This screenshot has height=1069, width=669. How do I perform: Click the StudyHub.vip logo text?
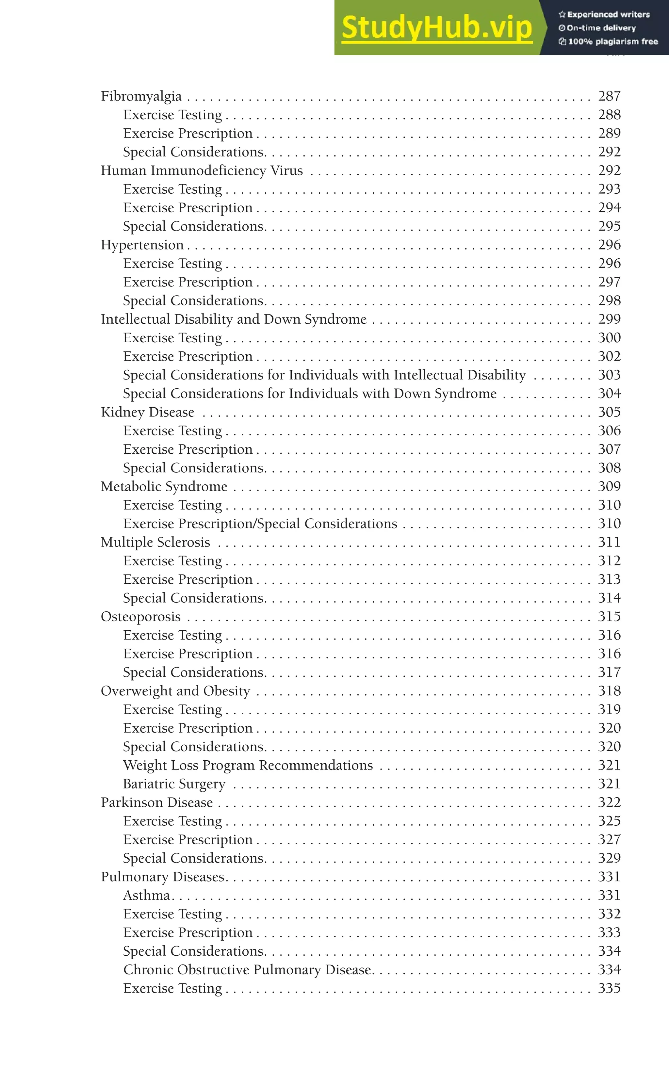coord(437,27)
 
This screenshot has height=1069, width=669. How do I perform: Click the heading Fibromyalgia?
coord(141,96)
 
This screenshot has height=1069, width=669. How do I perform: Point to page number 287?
coord(609,96)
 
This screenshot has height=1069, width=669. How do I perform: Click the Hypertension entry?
coord(142,245)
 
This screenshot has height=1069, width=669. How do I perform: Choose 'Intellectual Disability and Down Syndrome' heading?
coord(234,319)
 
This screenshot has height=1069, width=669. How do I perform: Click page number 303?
coord(609,375)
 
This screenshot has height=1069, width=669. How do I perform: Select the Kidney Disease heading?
coord(147,412)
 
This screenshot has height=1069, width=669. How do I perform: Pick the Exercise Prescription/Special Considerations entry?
coord(260,524)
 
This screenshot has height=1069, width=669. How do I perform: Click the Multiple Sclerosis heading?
coord(155,542)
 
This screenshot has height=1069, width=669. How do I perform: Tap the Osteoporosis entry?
coord(141,617)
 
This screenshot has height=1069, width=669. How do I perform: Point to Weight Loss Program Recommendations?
coord(248,765)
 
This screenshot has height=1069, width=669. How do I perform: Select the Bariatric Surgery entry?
coord(174,784)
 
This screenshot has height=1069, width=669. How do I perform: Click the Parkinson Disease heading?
coord(156,802)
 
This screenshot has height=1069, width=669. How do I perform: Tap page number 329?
coord(609,858)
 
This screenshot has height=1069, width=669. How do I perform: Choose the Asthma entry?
coord(146,895)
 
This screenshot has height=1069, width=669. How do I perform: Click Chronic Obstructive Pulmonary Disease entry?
coord(247,969)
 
